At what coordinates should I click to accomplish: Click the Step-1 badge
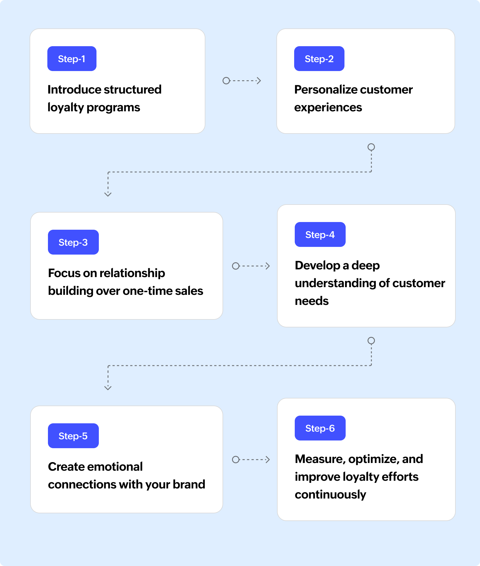click(x=72, y=59)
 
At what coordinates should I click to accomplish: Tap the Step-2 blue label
click(x=319, y=59)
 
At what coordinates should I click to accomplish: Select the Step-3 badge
click(x=73, y=242)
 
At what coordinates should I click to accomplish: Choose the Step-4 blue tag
click(x=320, y=234)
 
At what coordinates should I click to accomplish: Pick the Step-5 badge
click(x=73, y=436)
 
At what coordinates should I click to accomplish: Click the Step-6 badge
click(x=320, y=428)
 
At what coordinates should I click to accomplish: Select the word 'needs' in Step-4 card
click(x=312, y=301)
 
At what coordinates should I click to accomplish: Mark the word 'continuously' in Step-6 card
click(x=330, y=494)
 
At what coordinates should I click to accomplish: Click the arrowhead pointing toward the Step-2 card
click(x=259, y=81)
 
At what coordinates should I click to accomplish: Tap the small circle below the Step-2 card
click(x=371, y=147)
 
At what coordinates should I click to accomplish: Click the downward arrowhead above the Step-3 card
click(x=108, y=194)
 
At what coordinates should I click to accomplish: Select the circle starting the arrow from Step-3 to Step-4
click(x=236, y=266)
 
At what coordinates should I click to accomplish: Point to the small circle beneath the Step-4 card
click(x=371, y=341)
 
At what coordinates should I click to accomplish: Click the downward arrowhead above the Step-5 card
click(x=108, y=388)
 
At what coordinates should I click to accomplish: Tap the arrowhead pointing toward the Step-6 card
click(x=268, y=459)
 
